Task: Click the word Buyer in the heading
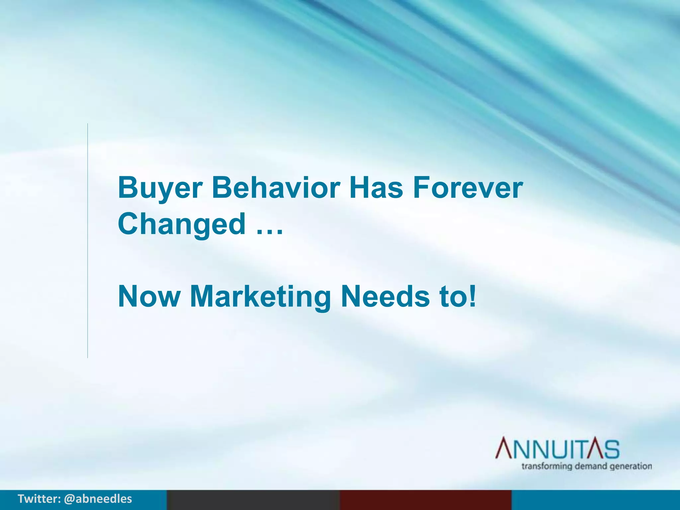coord(160,188)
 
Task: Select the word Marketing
coord(260,296)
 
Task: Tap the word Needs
coord(385,296)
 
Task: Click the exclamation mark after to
coord(473,296)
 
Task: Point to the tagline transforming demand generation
coord(586,466)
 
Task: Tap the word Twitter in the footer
coord(39,499)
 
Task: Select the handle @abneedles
coord(98,499)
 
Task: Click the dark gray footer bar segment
coord(253,500)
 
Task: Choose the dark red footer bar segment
coord(425,500)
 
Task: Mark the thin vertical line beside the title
coord(88,241)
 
